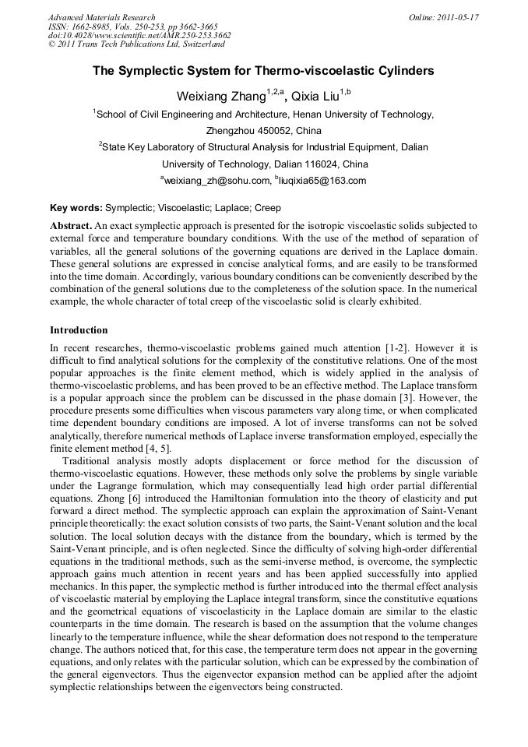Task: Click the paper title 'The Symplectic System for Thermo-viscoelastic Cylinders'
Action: pos(263,71)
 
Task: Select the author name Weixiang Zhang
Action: pos(221,96)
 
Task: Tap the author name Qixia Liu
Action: pos(316,96)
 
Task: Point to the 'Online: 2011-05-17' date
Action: pos(444,17)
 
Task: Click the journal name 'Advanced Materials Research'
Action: pos(101,17)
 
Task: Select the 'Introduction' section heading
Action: pos(79,330)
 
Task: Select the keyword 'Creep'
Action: pos(268,208)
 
